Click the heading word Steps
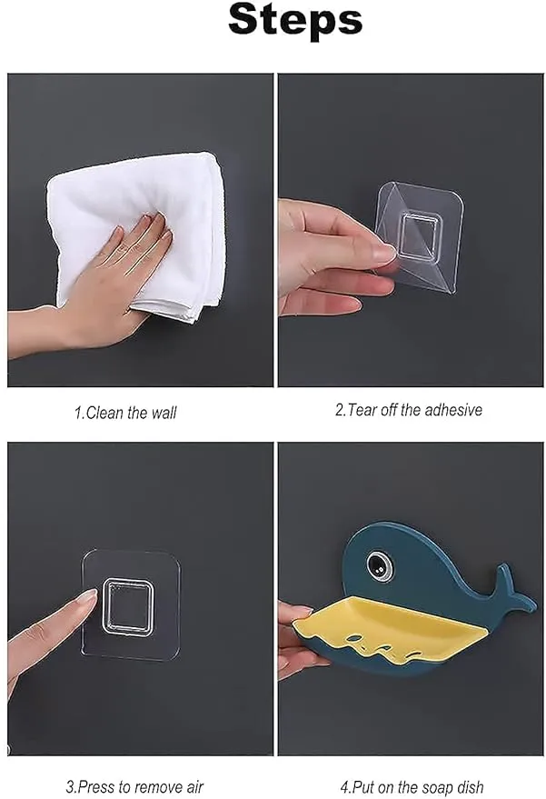[x=295, y=19]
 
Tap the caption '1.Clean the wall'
[x=125, y=413]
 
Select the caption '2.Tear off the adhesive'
[x=408, y=410]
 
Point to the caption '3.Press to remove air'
[x=134, y=787]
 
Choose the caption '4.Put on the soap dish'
[x=411, y=787]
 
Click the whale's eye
[x=380, y=566]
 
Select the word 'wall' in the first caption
[x=164, y=413]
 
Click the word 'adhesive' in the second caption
[x=452, y=410]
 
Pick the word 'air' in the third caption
[x=192, y=787]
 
